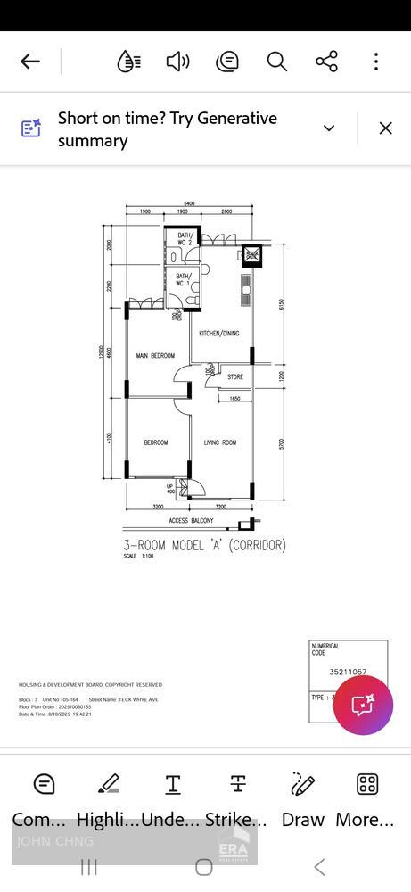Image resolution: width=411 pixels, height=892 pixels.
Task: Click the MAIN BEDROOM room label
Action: coord(155,356)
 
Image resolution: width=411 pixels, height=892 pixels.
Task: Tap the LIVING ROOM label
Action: coord(220,443)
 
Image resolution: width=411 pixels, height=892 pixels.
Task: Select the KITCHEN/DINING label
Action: coord(218,334)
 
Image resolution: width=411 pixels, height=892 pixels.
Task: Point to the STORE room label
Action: coord(234,377)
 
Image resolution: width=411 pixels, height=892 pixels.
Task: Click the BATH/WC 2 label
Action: coord(185,239)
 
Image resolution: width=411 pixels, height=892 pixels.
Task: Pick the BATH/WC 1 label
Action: coord(183,280)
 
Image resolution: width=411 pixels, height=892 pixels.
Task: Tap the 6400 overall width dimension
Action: coord(190,204)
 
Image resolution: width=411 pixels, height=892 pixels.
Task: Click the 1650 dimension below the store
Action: coord(234,399)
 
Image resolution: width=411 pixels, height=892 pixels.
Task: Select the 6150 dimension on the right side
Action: coord(282,303)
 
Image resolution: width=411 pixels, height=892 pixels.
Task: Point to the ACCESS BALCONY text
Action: coord(191,521)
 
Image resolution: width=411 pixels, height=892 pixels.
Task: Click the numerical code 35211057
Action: coord(348,672)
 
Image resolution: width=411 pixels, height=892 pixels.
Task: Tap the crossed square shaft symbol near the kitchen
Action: coord(252,256)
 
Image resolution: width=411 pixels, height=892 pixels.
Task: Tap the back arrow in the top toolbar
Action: coord(30,61)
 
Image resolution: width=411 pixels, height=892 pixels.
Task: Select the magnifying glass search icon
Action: coord(277,61)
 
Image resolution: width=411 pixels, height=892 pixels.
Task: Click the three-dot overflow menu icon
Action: coord(376,61)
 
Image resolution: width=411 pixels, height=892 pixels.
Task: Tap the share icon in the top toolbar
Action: coord(326,61)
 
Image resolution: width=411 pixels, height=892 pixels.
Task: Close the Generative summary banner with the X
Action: coord(385,128)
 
